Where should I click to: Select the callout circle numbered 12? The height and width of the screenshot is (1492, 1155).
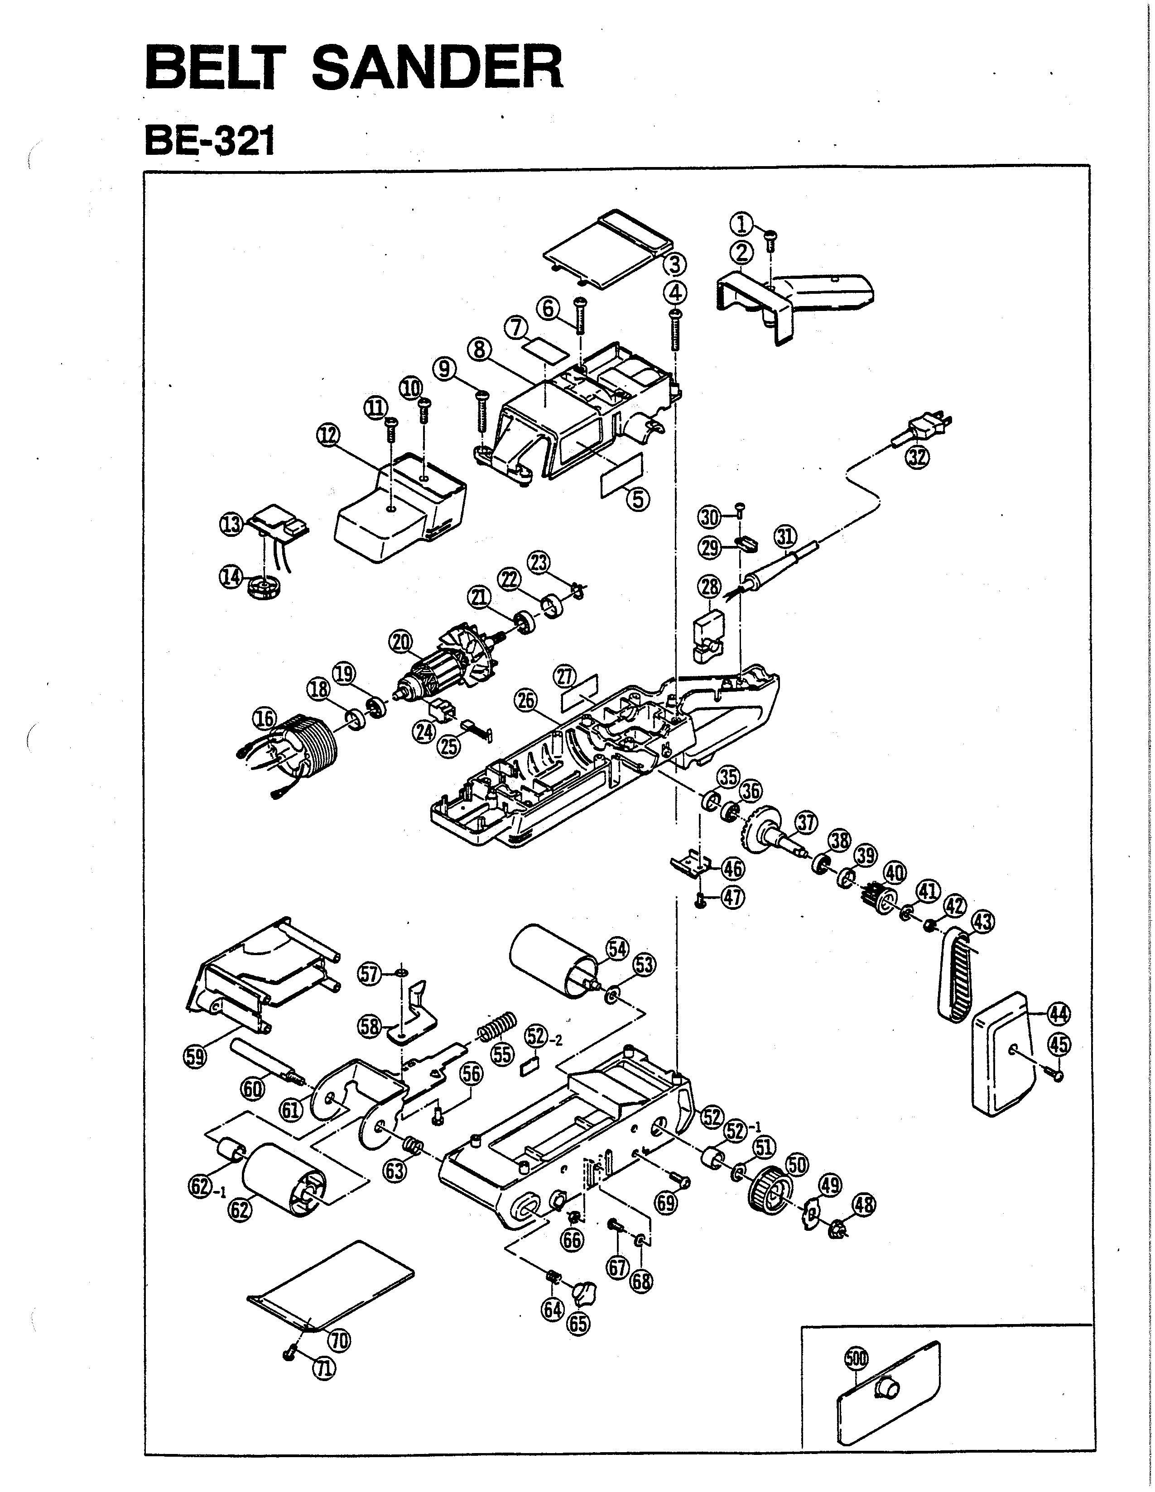(329, 435)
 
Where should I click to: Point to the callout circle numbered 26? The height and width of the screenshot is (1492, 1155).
(528, 701)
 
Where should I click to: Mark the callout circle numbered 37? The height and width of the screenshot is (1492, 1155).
(806, 823)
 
